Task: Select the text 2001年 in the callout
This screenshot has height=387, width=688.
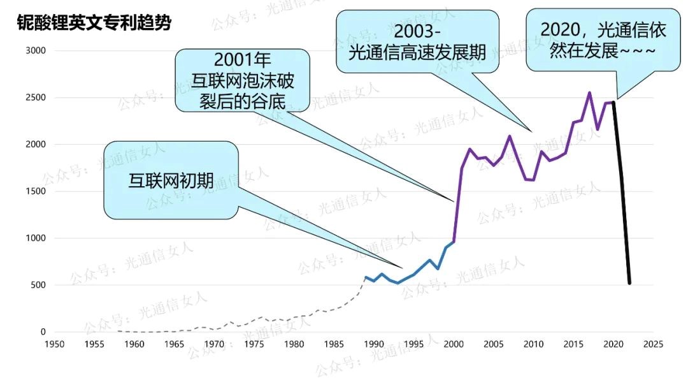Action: coord(242,61)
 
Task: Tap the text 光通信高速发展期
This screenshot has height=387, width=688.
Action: coord(417,53)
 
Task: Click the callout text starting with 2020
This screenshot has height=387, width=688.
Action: coord(598,40)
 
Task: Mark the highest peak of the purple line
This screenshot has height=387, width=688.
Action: coord(589,92)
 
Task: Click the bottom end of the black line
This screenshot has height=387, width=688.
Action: coord(629,283)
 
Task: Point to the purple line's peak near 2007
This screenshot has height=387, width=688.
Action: coord(510,136)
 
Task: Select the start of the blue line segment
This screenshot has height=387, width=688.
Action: coord(365,277)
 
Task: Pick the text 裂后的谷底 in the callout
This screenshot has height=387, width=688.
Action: coord(242,101)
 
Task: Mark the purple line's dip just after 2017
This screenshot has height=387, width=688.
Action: coord(598,129)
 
